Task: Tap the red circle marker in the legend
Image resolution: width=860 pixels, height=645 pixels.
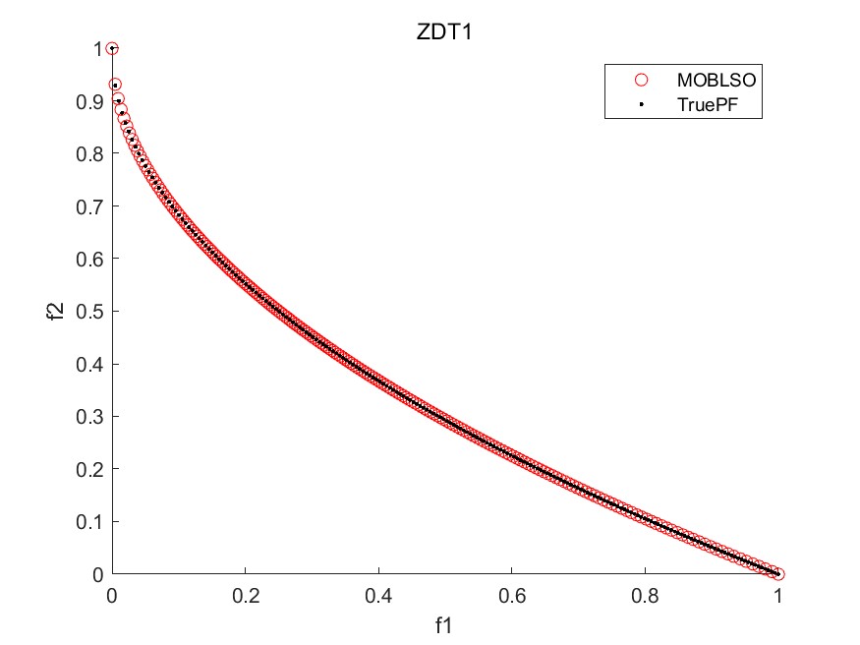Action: point(642,80)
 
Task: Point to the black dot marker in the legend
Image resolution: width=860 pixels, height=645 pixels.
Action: point(642,103)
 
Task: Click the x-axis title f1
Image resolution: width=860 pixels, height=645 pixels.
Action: point(444,623)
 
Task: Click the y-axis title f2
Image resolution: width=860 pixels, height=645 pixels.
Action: point(57,311)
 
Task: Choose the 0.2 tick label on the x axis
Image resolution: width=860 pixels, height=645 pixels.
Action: point(245,596)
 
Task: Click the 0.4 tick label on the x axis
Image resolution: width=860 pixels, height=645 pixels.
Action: point(378,596)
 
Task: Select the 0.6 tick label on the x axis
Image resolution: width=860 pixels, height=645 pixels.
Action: point(511,596)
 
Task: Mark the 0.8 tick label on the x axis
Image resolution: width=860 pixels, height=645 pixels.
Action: point(645,596)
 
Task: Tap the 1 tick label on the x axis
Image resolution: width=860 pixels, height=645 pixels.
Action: point(778,596)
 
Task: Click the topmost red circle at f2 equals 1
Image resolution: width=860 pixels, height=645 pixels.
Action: point(112,49)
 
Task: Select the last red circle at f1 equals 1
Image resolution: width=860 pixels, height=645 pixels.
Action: point(778,574)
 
